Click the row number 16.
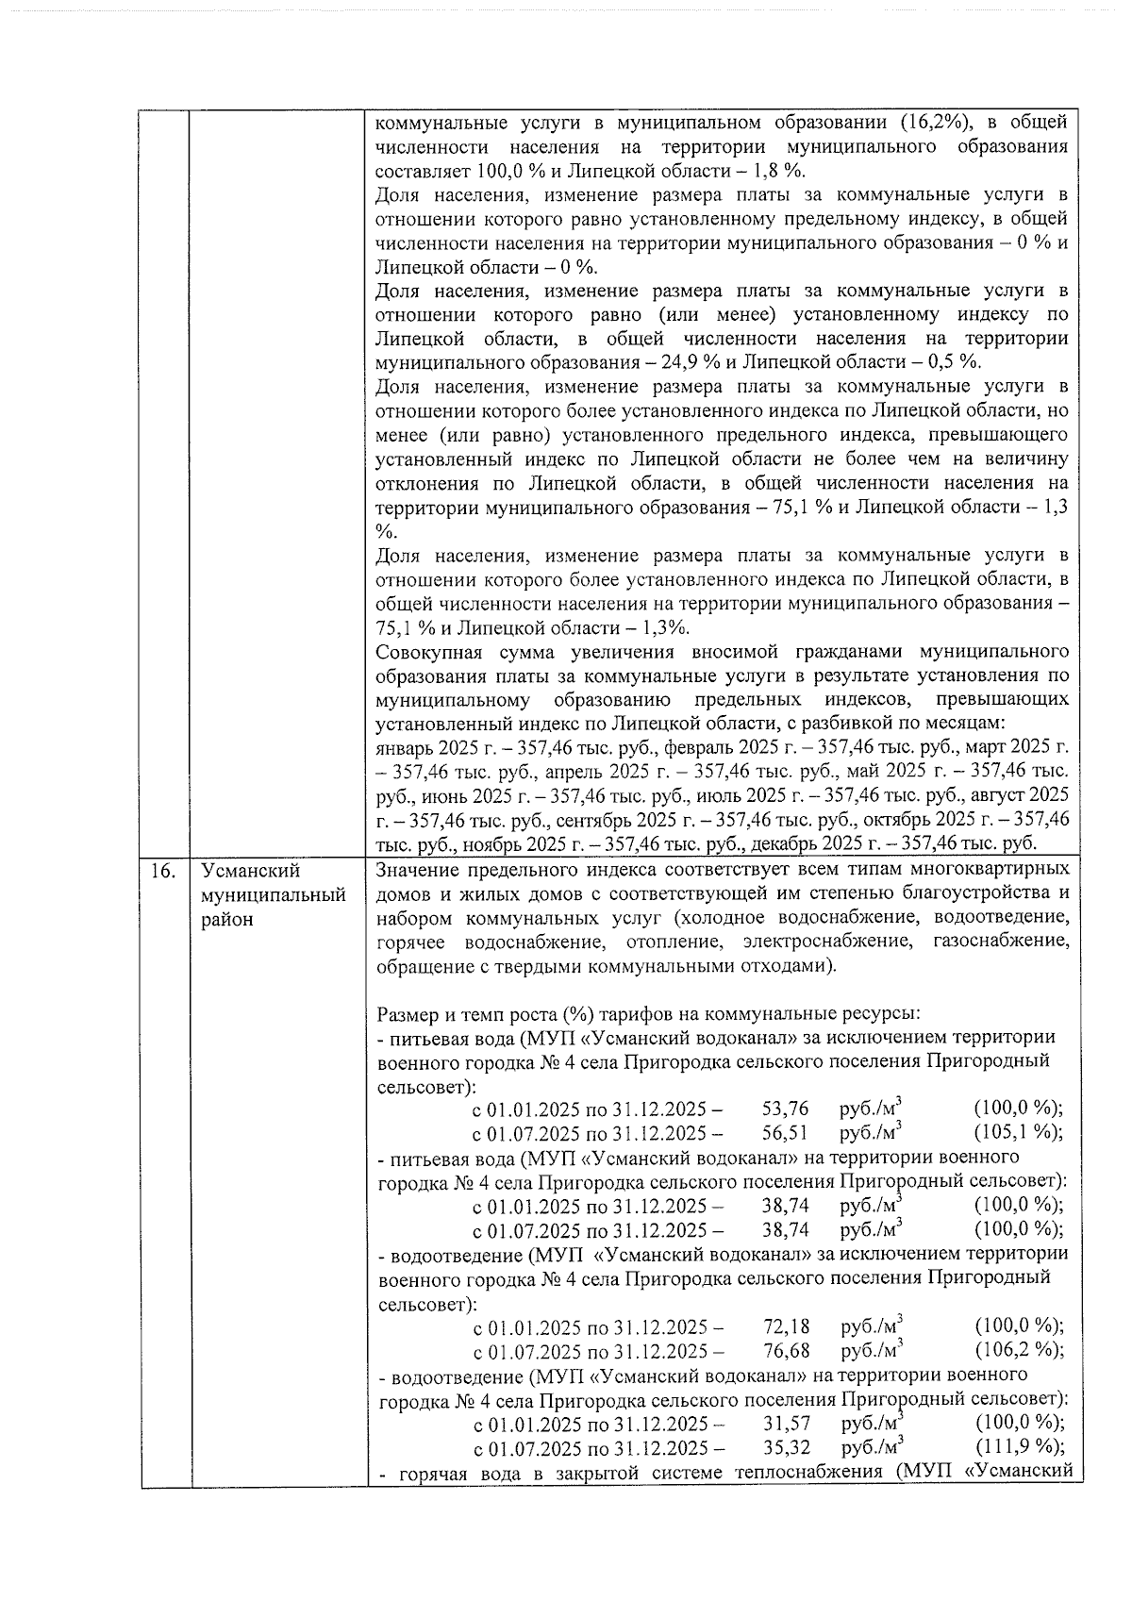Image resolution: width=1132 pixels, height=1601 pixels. pos(162,871)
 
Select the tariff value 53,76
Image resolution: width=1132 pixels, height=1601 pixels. pos(786,1109)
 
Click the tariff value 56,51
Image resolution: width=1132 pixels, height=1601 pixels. pos(786,1133)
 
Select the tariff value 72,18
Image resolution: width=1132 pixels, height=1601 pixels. pos(786,1326)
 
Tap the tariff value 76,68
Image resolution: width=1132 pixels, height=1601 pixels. pos(786,1350)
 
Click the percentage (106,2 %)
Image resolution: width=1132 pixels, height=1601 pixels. pos(1019,1350)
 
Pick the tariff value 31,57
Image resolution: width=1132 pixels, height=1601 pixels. pos(786,1424)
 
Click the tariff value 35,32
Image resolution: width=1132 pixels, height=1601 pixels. pos(786,1448)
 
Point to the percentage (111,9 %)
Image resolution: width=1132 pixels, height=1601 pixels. pos(1019,1448)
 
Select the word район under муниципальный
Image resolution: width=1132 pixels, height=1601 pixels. pos(226,920)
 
